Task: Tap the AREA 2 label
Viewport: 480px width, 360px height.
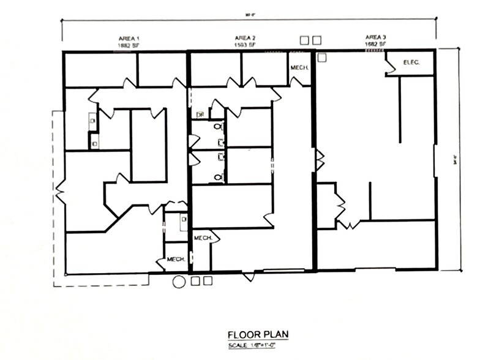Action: pos(245,38)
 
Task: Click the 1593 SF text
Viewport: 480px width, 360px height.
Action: pos(245,45)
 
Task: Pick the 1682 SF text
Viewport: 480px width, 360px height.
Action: pos(375,45)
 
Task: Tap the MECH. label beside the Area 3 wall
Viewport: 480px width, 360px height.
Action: pos(299,67)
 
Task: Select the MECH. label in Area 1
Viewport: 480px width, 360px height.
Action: pos(176,259)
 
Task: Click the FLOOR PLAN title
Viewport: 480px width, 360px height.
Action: pos(257,335)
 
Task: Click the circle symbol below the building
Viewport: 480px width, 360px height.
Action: pos(179,282)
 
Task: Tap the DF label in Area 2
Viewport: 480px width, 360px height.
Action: pos(200,114)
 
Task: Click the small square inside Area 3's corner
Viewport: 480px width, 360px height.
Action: pos(323,58)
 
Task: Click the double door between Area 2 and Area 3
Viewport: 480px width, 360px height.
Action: pos(319,160)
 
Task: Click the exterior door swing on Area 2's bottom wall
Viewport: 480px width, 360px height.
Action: pos(247,277)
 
